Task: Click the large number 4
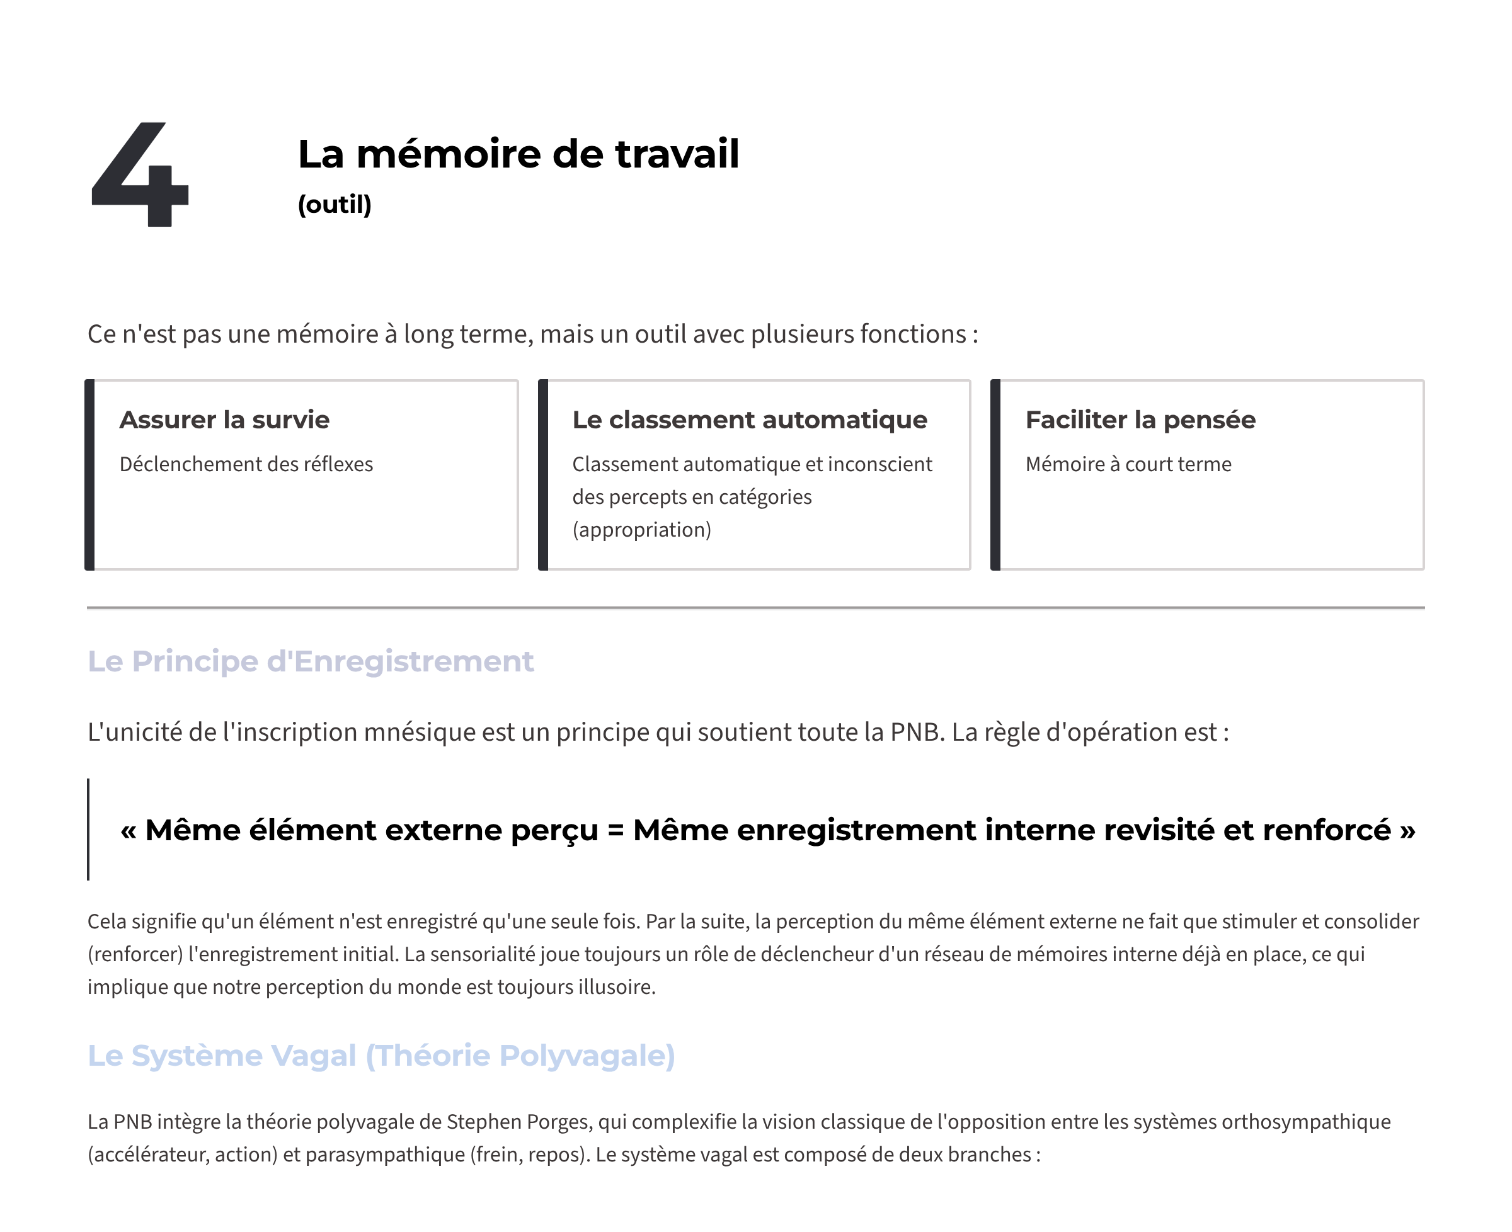click(140, 174)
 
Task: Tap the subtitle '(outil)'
click(335, 204)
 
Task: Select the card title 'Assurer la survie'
click(224, 420)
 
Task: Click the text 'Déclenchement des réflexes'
click(246, 464)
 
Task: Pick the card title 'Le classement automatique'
click(750, 420)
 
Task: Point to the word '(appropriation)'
click(642, 530)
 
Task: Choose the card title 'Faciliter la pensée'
click(1140, 420)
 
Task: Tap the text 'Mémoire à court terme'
click(1128, 464)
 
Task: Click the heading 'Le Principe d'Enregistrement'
click(310, 661)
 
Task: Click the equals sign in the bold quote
click(616, 830)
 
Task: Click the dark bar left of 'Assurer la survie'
click(90, 475)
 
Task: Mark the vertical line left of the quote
click(89, 830)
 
